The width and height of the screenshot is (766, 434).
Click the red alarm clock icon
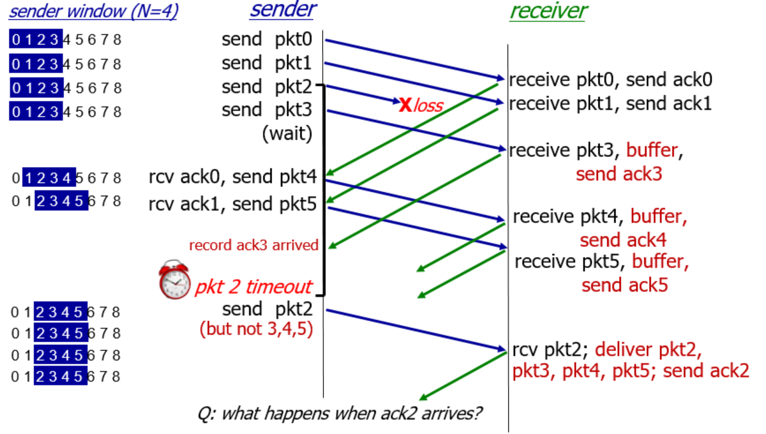[175, 281]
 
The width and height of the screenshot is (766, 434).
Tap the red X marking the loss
[405, 105]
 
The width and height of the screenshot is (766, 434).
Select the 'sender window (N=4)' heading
[93, 12]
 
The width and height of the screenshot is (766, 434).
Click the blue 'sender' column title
[283, 9]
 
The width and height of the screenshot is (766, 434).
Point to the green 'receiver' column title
[548, 11]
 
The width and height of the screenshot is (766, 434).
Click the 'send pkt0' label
[266, 39]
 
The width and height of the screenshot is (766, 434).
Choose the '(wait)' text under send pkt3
[287, 133]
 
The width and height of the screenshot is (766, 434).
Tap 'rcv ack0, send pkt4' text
[233, 176]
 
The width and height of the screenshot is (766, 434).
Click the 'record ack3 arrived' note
[253, 245]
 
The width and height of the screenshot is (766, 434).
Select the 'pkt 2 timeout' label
[253, 287]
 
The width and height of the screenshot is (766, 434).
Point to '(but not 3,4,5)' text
[256, 328]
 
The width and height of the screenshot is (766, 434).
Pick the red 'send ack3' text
[619, 173]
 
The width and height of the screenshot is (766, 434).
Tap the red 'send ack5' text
[625, 285]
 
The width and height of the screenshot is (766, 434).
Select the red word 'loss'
[427, 106]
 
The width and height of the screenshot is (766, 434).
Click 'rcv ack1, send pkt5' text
[233, 203]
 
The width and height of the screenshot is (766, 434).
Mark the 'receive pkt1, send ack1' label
[610, 104]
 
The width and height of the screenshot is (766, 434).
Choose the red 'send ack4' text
[623, 240]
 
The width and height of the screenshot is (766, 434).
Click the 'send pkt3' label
[266, 109]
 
